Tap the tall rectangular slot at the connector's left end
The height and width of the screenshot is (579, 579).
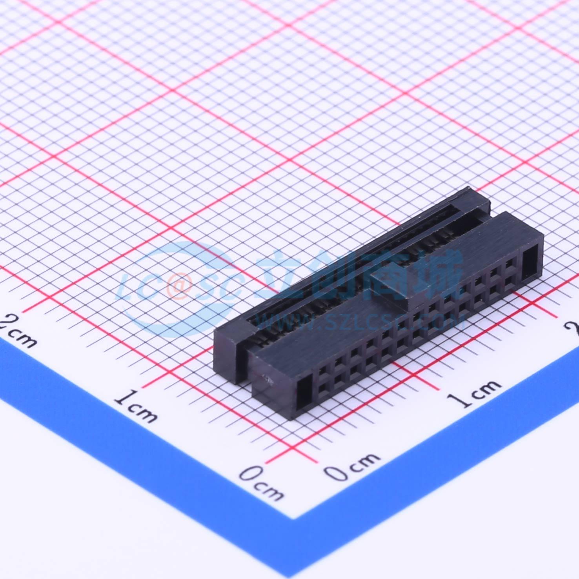point(304,390)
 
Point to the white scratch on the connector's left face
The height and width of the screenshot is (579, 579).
point(268,379)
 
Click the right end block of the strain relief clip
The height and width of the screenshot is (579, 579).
point(477,200)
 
